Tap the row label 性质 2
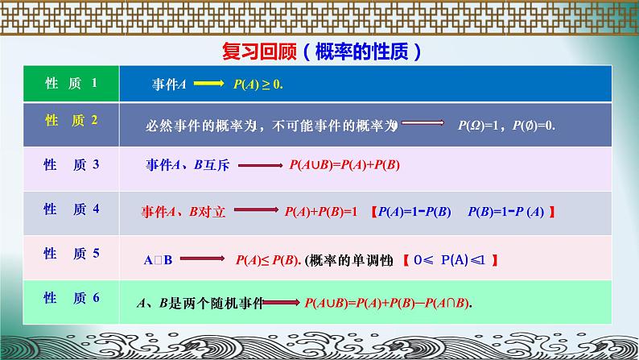coord(71,121)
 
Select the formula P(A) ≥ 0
coord(259,83)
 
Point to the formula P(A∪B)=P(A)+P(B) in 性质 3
coord(344,166)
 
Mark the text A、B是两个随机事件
coord(201,304)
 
